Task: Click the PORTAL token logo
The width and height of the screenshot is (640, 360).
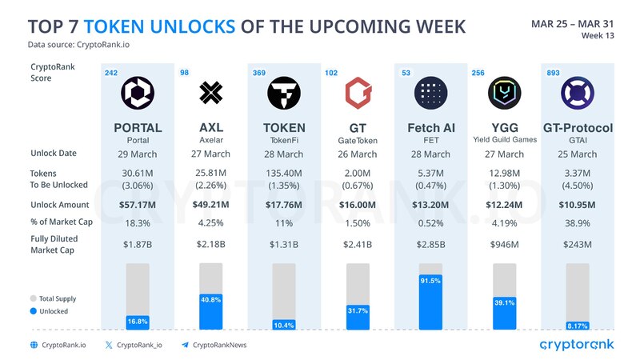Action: click(x=138, y=94)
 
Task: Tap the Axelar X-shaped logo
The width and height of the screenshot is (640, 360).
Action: click(x=210, y=94)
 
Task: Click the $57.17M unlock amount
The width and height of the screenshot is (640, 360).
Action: click(x=138, y=205)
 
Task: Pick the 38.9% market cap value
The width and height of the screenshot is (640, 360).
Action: click(x=578, y=222)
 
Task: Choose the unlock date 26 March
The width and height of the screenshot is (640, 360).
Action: click(x=358, y=154)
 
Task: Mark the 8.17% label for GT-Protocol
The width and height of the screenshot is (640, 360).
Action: click(x=578, y=326)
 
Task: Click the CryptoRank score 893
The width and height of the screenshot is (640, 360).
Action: click(x=551, y=74)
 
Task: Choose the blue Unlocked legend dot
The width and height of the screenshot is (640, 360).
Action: click(x=34, y=311)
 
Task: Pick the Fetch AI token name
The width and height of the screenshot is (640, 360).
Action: click(x=432, y=128)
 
